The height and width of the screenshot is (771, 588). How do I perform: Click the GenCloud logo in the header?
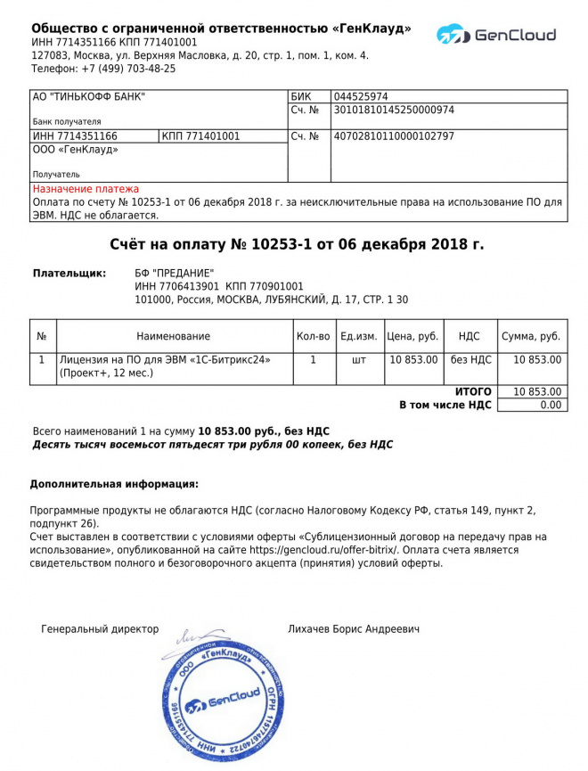(496, 36)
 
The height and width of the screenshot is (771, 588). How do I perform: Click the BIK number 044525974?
(361, 97)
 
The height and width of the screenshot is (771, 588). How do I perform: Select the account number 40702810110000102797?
(393, 136)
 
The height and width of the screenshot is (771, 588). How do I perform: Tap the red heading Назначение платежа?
(86, 189)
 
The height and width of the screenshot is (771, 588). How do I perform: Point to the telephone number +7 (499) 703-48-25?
(128, 69)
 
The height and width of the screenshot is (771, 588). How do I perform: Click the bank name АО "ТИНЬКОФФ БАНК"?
(89, 97)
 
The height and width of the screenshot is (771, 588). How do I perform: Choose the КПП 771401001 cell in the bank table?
(200, 136)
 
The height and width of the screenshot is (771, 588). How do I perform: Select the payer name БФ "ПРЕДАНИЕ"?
(174, 273)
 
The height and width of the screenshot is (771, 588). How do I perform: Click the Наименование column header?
(174, 336)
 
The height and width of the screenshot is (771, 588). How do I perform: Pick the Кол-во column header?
(313, 336)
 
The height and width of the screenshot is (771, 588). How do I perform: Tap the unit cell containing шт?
(359, 359)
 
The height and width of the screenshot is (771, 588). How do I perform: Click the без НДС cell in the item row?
(470, 359)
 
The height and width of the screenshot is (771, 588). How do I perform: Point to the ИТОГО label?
(473, 391)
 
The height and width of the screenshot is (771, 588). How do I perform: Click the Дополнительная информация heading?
(114, 484)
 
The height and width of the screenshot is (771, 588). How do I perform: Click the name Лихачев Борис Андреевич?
(354, 629)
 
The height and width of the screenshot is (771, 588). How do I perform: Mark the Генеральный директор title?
(100, 629)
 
